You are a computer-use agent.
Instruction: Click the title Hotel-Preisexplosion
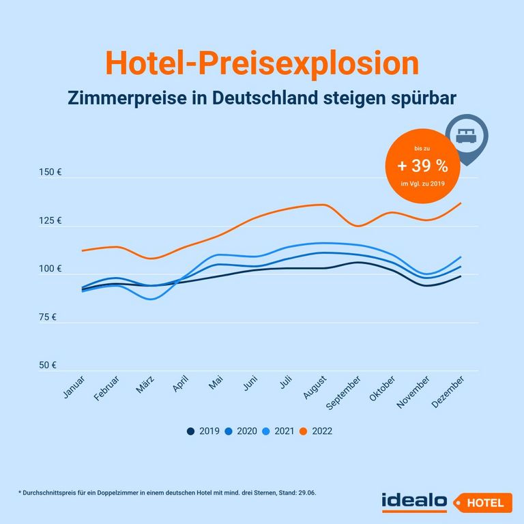pyautogui.click(x=262, y=63)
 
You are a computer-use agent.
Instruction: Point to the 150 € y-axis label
pyautogui.click(x=50, y=173)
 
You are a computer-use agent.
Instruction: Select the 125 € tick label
pyautogui.click(x=50, y=221)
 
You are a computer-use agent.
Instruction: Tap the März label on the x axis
pyautogui.click(x=145, y=385)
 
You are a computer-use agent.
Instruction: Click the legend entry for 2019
pyautogui.click(x=203, y=431)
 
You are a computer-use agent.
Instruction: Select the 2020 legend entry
pyautogui.click(x=241, y=431)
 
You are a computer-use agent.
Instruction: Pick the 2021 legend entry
pyautogui.click(x=278, y=431)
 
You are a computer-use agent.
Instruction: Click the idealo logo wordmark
pyautogui.click(x=414, y=501)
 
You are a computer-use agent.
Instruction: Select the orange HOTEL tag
pyautogui.click(x=484, y=503)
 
